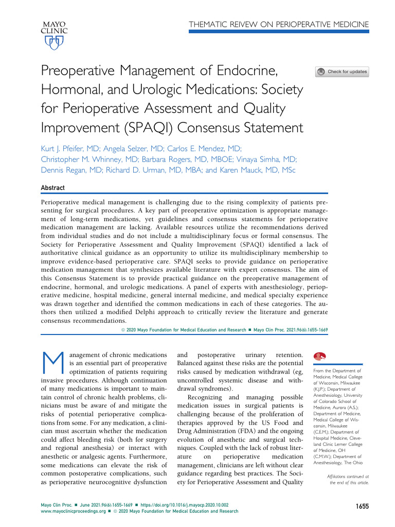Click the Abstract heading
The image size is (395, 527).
point(53,188)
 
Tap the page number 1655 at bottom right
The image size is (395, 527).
point(362,507)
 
